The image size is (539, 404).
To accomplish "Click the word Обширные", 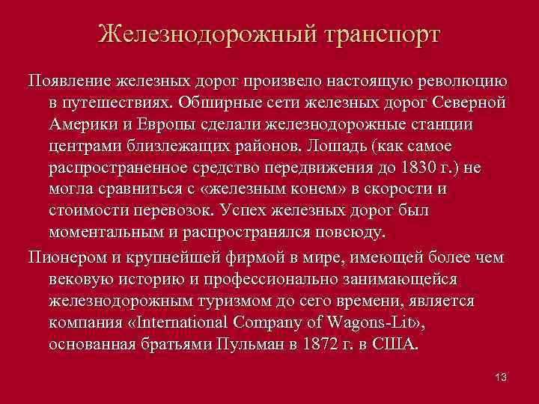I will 222,102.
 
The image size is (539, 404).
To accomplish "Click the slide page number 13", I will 501,376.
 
